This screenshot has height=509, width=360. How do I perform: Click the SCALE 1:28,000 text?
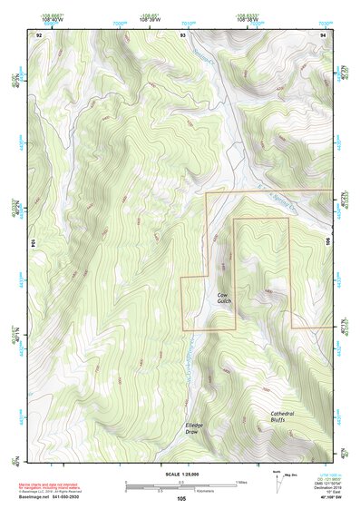(x=181, y=473)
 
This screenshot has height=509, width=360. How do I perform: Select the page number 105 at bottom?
(x=181, y=498)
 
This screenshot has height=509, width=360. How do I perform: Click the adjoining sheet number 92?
(x=39, y=34)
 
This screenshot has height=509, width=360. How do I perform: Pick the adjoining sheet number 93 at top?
(x=182, y=34)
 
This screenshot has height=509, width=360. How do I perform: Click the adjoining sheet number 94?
(x=323, y=34)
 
